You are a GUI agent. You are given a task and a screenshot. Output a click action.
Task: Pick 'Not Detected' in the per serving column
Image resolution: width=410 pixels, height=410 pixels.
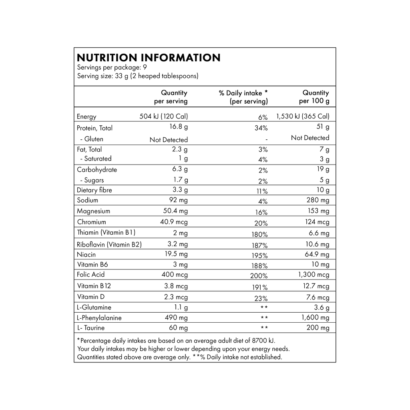click(168, 139)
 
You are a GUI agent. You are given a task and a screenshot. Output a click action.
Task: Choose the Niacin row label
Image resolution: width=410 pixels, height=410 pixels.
click(84, 253)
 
